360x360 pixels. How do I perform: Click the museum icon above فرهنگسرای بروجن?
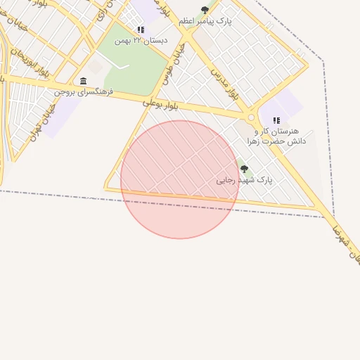click(84, 81)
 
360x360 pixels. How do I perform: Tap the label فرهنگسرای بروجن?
click(84, 91)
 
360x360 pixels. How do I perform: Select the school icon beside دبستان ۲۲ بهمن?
click(141, 30)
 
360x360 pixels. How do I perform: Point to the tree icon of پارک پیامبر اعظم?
click(205, 10)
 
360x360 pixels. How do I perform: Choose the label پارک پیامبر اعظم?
click(205, 21)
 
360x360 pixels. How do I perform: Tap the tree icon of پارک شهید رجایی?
click(244, 169)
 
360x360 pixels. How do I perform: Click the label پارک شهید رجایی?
click(244, 180)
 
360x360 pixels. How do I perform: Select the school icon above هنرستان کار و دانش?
click(276, 120)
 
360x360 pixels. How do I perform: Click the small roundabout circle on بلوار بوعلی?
click(251, 117)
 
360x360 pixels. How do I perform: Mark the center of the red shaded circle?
click(180, 179)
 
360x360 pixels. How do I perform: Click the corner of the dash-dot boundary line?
click(323, 62)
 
